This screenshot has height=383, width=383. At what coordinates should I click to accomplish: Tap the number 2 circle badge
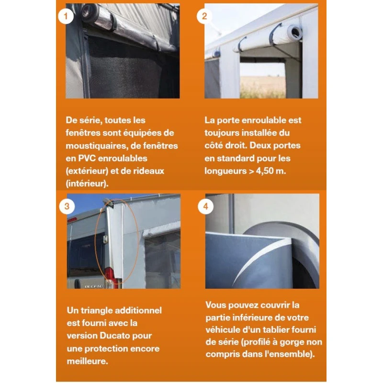point(205,16)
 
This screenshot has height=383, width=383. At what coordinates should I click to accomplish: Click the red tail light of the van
point(109,275)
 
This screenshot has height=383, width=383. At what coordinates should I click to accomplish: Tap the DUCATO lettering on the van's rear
point(94,285)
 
